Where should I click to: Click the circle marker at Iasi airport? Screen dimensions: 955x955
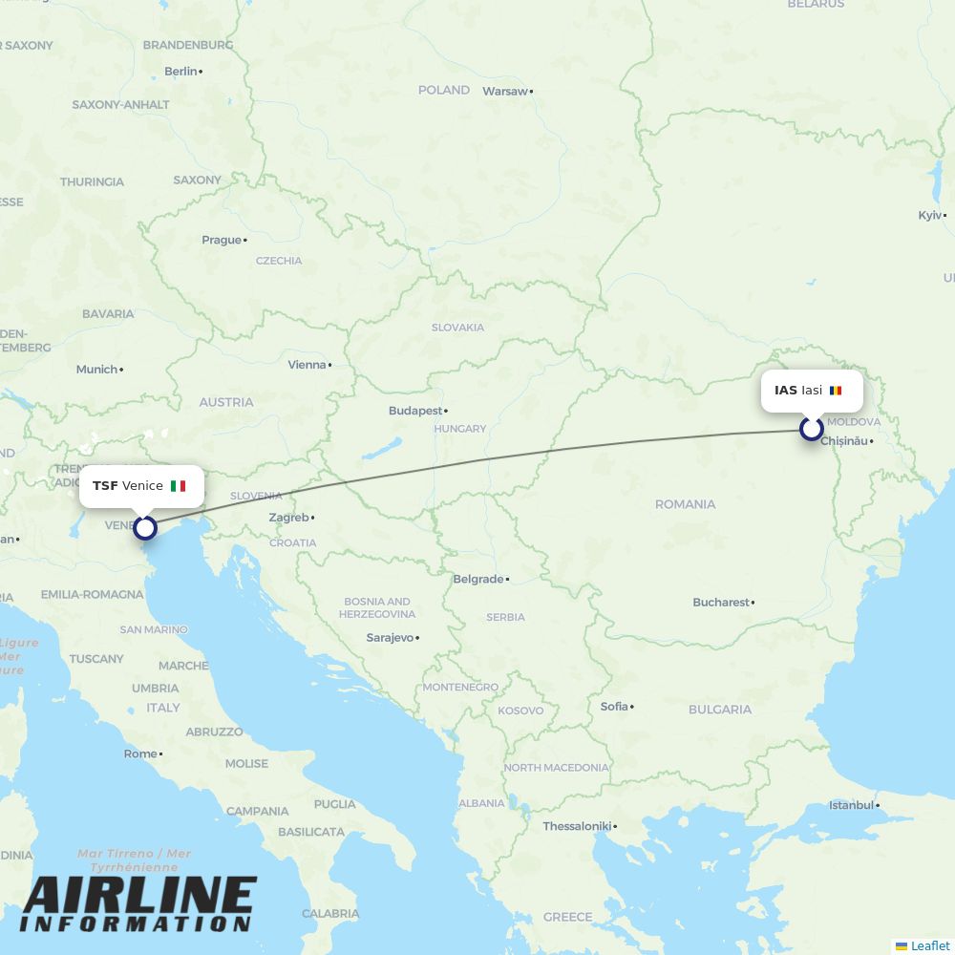811,429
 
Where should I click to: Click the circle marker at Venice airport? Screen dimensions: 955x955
145,527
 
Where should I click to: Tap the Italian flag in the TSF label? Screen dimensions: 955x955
178,486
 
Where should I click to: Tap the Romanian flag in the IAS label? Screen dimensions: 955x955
836,391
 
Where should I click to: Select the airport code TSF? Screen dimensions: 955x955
105,486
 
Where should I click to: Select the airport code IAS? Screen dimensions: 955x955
786,391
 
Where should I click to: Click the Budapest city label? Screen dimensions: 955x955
415,411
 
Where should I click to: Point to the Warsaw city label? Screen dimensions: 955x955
505,92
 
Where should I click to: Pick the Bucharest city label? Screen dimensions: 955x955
721,603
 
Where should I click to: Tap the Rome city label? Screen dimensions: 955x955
139,753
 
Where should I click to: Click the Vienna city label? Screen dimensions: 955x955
307,365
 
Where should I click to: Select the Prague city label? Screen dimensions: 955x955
222,240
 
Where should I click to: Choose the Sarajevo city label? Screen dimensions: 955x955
390,637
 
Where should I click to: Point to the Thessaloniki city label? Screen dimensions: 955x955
576,826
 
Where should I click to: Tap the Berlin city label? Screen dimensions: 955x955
180,71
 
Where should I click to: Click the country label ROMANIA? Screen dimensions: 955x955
685,504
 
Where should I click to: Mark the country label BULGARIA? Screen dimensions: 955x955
719,710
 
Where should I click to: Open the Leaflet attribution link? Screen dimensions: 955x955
929,945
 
